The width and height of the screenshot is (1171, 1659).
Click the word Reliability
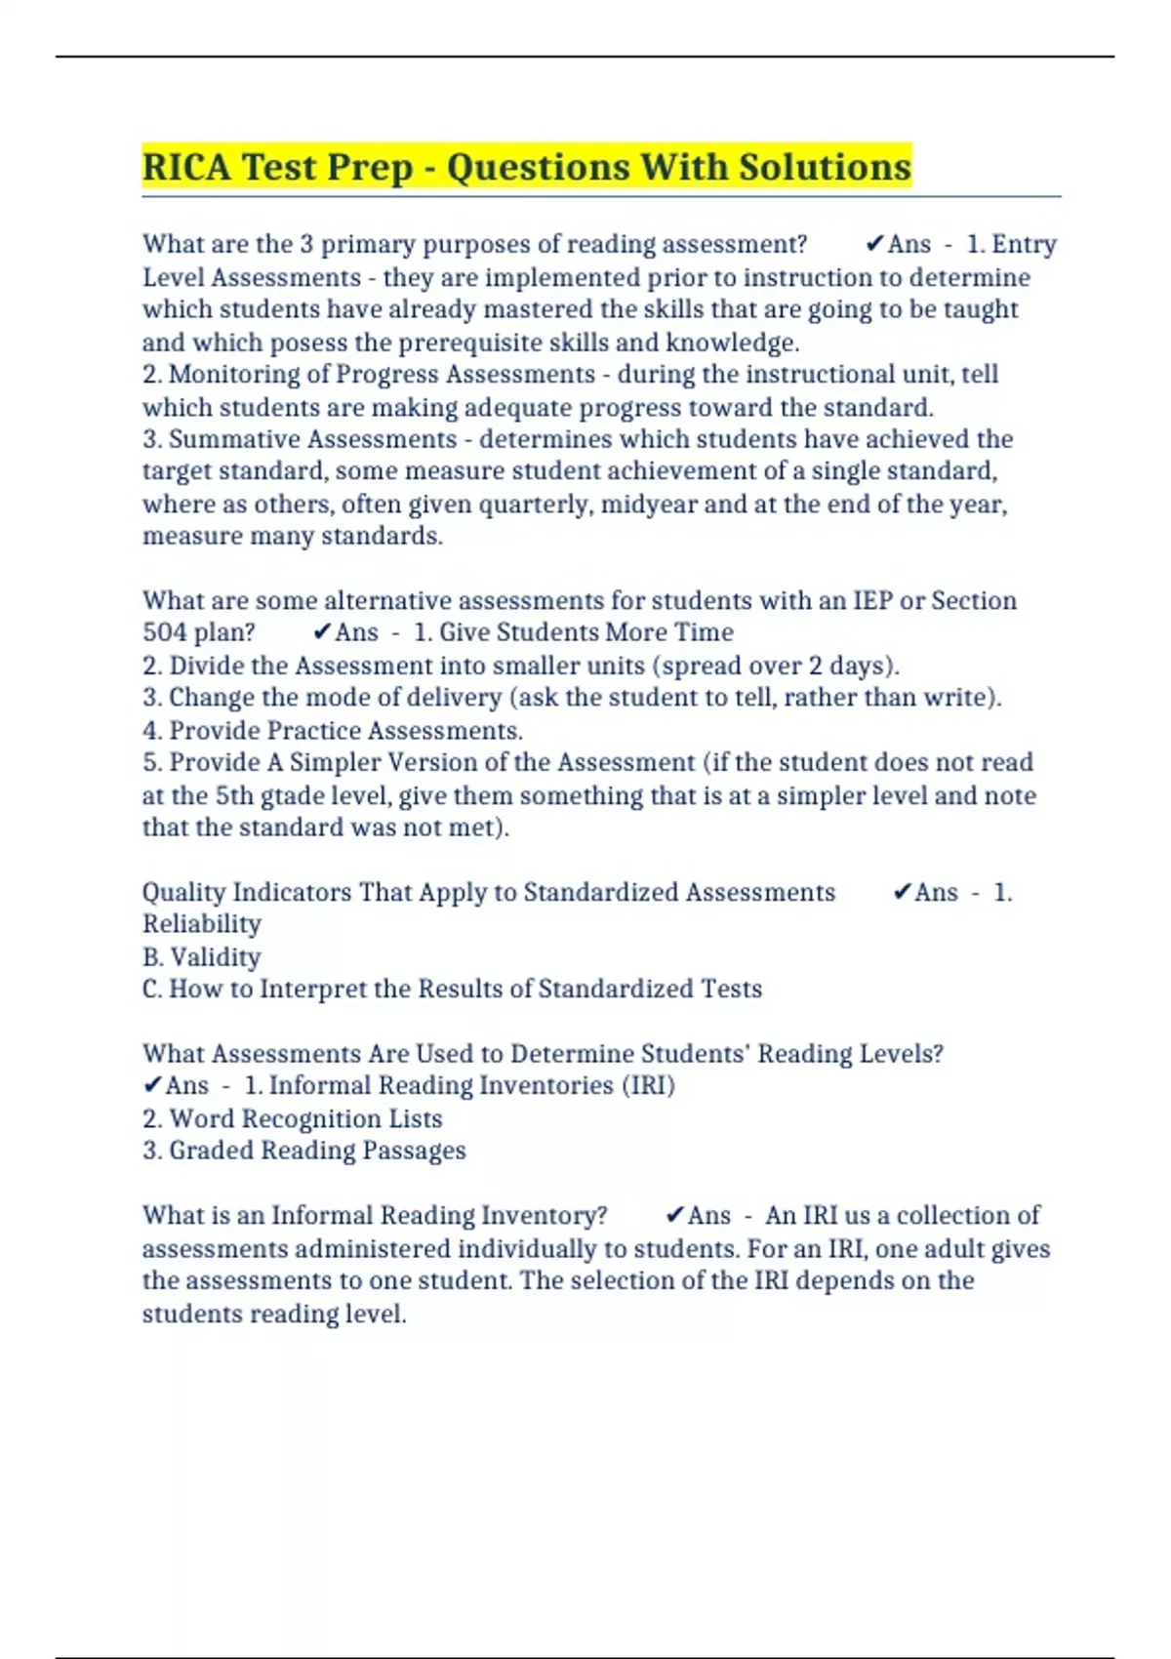pos(202,924)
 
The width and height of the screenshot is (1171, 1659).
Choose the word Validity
pos(216,957)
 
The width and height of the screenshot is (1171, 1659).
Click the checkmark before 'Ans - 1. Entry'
pos(874,244)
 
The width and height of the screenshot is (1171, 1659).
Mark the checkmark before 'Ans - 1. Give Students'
pos(322,632)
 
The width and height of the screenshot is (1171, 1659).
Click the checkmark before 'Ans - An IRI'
pos(674,1216)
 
